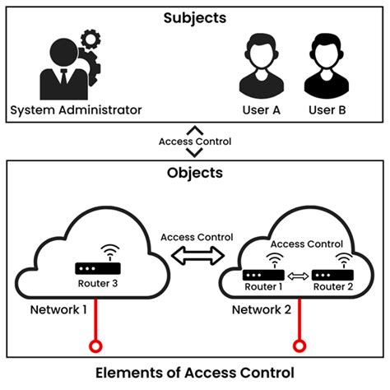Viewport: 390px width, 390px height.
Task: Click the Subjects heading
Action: point(194,16)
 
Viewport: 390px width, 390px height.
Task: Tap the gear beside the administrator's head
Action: point(90,40)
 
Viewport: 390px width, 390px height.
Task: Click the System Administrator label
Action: point(76,110)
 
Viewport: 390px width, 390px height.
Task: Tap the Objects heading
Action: point(195,174)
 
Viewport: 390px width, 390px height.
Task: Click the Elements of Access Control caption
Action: point(195,373)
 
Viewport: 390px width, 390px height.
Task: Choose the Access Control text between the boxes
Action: point(195,142)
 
